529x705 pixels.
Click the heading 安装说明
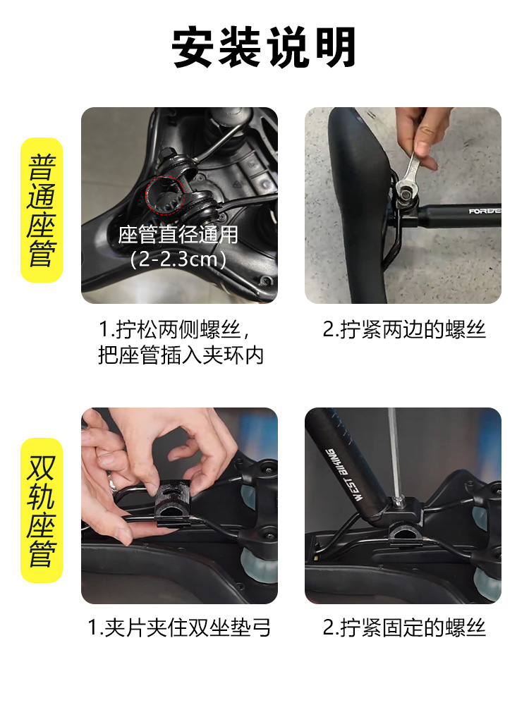pos(264,48)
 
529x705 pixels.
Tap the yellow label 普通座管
pos(42,210)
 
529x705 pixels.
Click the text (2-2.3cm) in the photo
pos(178,259)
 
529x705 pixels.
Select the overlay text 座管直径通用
pos(178,234)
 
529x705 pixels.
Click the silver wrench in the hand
pos(408,176)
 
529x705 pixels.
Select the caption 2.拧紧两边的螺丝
pos(404,329)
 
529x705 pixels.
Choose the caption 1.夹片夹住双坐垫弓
pos(179,627)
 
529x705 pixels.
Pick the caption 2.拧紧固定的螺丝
pos(404,627)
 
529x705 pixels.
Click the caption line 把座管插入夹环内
pos(181,355)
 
